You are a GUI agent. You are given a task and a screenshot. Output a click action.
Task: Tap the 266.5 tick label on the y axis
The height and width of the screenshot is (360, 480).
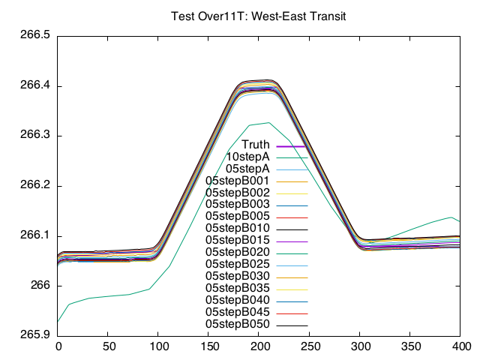pyautogui.click(x=34, y=35)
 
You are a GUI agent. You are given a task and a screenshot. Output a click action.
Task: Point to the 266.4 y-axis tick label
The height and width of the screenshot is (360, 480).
pyautogui.click(x=34, y=85)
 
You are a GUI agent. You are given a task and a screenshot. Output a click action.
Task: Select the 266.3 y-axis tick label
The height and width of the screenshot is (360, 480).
pyautogui.click(x=34, y=136)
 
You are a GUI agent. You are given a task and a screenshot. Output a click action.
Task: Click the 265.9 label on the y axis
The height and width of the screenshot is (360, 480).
pyautogui.click(x=34, y=336)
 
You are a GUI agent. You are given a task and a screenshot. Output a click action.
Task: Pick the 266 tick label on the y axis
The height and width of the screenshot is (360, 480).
pyautogui.click(x=40, y=286)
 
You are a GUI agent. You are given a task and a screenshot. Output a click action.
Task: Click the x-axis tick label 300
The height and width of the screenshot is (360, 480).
pyautogui.click(x=360, y=347)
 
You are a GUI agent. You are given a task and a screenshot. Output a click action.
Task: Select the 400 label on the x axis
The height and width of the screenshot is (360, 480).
pyautogui.click(x=460, y=347)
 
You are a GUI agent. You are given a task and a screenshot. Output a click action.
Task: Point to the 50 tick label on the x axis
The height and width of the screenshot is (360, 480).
pyautogui.click(x=108, y=347)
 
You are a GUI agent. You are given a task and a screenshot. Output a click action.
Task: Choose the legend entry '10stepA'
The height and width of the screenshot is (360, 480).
pyautogui.click(x=247, y=157)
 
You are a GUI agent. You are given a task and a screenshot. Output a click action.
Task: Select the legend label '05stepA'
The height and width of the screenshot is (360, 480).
pyautogui.click(x=247, y=169)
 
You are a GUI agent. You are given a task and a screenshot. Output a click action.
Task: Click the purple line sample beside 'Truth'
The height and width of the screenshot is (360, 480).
pyautogui.click(x=291, y=145)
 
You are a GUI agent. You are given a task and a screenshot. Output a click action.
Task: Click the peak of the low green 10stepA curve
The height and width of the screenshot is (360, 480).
pyautogui.click(x=268, y=122)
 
